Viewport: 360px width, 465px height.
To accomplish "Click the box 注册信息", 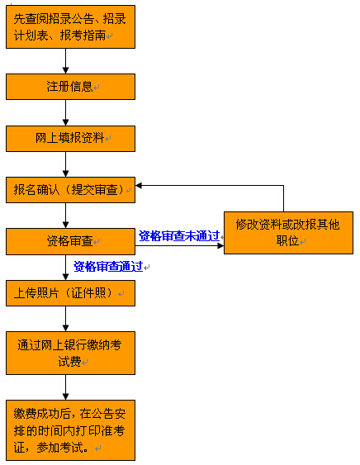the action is [70, 87].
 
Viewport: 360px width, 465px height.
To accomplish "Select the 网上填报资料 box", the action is [70, 139].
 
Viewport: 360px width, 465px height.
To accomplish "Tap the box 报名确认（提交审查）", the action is [70, 190].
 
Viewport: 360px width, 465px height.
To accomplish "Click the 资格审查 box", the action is [70, 241].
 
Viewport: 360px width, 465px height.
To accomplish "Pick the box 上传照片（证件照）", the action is [70, 293].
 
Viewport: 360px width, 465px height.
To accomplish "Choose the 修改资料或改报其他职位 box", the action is [288, 233].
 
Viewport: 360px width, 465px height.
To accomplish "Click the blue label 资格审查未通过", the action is [179, 236].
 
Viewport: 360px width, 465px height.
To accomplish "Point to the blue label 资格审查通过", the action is [108, 266].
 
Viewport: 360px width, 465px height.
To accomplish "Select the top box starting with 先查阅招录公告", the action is [70, 26].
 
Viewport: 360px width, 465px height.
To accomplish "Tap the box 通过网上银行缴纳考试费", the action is [70, 353].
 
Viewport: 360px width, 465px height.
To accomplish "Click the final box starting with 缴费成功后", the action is [70, 430].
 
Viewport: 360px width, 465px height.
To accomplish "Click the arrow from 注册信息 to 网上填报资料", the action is [66, 112].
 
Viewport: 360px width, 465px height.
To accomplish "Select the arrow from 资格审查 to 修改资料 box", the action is [179, 245].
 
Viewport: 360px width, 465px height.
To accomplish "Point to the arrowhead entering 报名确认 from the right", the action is [139, 186].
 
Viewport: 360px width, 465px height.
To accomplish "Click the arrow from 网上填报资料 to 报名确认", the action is [66, 164].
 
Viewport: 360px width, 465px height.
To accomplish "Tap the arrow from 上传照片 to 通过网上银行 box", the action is [66, 319].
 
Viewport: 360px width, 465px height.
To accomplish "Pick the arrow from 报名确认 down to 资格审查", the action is [66, 216].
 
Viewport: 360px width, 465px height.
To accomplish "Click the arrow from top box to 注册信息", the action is [66, 61].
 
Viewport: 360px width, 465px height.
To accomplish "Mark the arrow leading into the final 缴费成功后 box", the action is [66, 387].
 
